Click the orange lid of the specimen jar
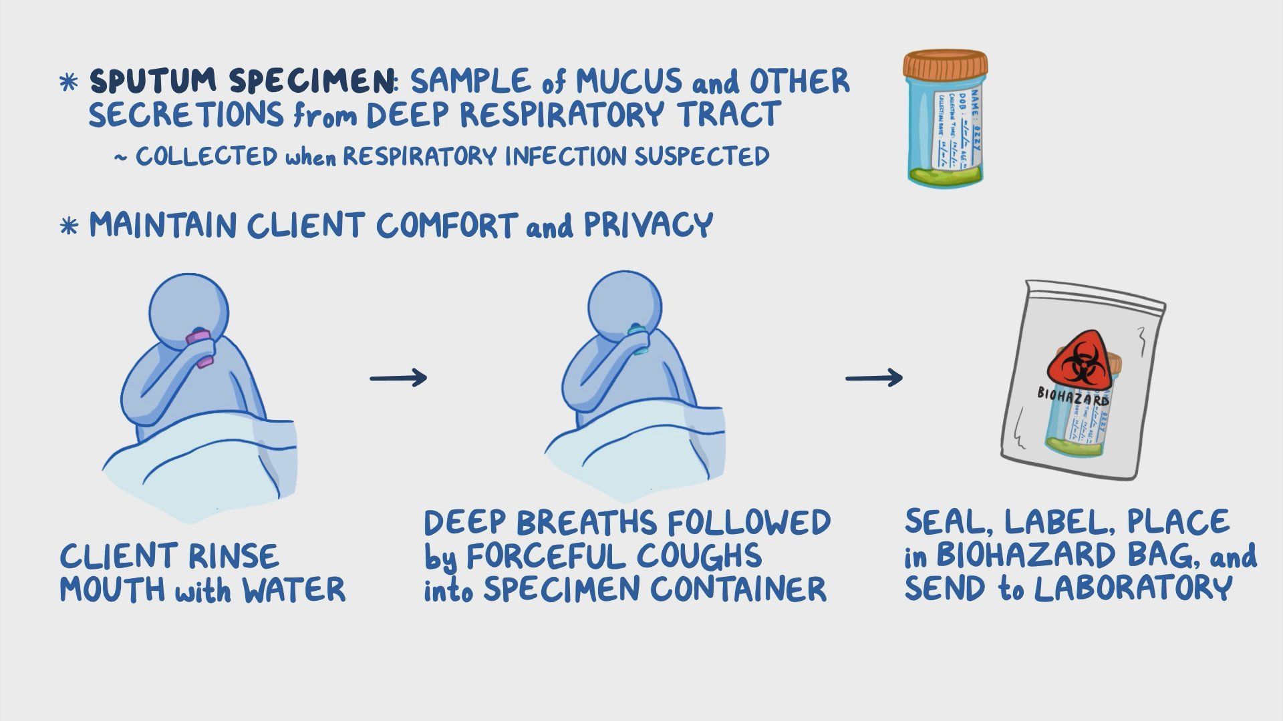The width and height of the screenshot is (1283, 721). point(946,68)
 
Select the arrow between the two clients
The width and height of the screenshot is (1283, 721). point(398,378)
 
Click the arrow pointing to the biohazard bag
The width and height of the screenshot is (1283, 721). point(874,378)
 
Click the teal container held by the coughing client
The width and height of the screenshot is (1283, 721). point(638,338)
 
